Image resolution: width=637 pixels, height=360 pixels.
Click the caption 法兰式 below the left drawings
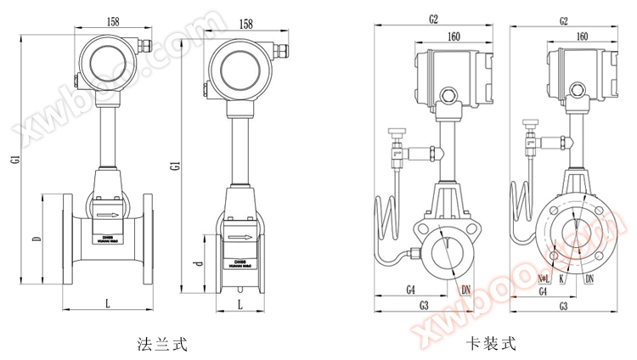point(161,344)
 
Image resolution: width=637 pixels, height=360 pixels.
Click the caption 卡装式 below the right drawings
point(491,344)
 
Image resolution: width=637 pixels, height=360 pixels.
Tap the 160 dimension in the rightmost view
point(582,37)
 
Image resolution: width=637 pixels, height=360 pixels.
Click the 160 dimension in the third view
point(452,37)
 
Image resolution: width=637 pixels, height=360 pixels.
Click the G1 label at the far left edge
point(14,158)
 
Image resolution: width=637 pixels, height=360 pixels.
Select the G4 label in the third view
point(410,290)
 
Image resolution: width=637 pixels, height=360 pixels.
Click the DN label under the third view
point(465,290)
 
